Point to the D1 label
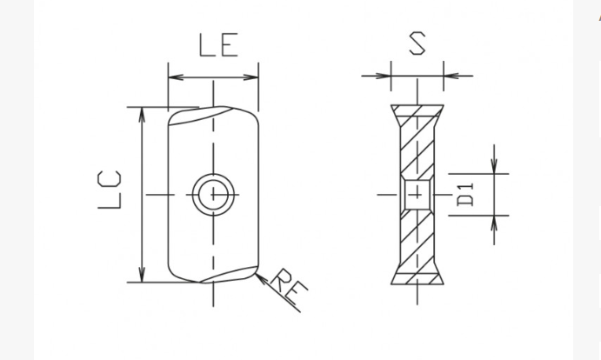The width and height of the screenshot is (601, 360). coord(465,194)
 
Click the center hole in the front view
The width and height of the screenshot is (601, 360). coord(213,193)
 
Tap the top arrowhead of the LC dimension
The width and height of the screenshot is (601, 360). coord(142,114)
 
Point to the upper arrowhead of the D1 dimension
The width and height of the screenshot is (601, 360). coord(494,166)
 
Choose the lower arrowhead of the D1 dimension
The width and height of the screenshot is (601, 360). coord(494,222)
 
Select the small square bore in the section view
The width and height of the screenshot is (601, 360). coord(417,193)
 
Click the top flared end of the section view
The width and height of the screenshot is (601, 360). coord(417,111)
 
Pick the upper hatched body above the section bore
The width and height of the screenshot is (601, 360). coord(417,148)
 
